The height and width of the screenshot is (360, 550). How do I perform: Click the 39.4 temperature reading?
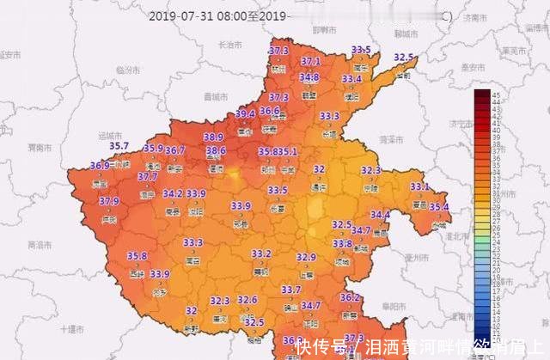pos(245,113)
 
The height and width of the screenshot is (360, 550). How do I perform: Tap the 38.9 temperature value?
pos(213,137)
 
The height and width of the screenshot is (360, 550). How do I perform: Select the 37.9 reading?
pos(109,201)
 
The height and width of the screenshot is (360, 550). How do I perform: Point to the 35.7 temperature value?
pos(118,146)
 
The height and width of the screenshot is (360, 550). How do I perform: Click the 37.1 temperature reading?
pos(311,62)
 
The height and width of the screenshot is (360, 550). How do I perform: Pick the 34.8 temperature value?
pos(309,77)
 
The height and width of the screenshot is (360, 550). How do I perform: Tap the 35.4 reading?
pos(439,206)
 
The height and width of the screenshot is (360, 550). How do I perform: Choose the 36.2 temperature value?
pos(350,297)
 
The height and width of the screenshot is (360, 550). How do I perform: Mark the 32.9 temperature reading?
pos(307,257)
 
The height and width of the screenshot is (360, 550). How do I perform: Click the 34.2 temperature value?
pos(172,193)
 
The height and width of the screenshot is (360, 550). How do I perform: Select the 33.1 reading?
pos(419,186)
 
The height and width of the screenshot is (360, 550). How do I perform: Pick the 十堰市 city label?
pos(73,328)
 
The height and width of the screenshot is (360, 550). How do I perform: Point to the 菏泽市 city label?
pos(392,137)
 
